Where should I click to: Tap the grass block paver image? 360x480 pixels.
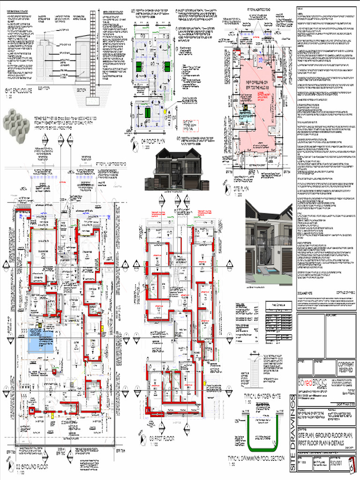17,121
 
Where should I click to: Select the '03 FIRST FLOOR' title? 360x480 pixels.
162,438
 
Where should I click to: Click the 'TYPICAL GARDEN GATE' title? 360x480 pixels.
262,396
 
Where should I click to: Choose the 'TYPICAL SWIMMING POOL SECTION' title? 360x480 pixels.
255,458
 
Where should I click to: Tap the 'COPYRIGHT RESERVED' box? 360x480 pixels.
346,367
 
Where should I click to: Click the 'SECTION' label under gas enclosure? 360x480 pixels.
81,90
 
